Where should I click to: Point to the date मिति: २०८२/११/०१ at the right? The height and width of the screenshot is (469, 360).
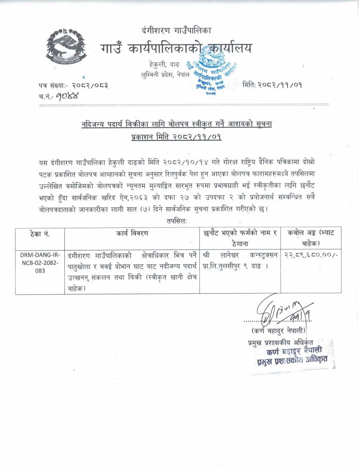coord(272,85)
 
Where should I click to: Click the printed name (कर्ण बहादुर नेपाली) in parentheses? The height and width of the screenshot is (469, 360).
coord(279,330)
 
